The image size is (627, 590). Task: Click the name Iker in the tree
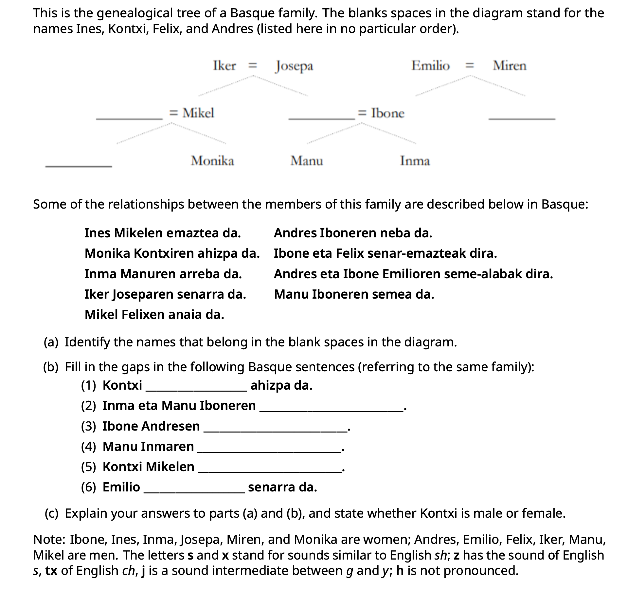pyautogui.click(x=224, y=65)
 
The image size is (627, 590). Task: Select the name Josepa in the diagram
pyautogui.click(x=294, y=66)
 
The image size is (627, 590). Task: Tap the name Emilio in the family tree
pyautogui.click(x=430, y=65)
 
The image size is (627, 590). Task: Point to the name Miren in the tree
pyautogui.click(x=510, y=65)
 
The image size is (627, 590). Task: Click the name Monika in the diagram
pyautogui.click(x=212, y=161)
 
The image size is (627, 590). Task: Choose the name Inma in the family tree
pyautogui.click(x=415, y=161)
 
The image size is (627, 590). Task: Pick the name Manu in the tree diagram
pyautogui.click(x=307, y=161)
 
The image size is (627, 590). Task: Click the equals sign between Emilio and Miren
pyautogui.click(x=470, y=66)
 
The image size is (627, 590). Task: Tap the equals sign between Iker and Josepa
pyautogui.click(x=253, y=66)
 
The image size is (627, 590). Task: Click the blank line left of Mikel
pyautogui.click(x=129, y=119)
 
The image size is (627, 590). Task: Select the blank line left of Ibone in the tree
pyautogui.click(x=321, y=119)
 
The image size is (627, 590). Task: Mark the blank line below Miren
pyautogui.click(x=522, y=119)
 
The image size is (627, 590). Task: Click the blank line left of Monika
pyautogui.click(x=79, y=166)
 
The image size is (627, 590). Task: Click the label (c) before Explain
pyautogui.click(x=51, y=513)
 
